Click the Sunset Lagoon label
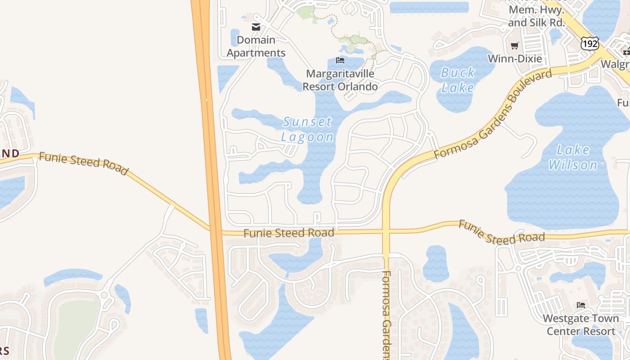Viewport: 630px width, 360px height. pos(308,129)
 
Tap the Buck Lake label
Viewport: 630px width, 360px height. pos(458,80)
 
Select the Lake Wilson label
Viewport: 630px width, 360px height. pos(573,157)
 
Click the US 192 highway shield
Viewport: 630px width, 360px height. pos(589,43)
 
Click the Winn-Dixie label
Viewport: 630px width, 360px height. pos(515,58)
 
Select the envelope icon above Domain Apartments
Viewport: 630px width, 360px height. pos(256,27)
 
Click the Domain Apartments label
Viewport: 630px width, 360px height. pos(256,46)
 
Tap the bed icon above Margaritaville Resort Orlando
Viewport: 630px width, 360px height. pos(340,60)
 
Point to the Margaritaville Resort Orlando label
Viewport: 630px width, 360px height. pos(340,80)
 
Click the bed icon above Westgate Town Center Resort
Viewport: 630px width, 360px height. pos(580,305)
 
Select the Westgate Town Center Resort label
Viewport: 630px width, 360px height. pos(580,325)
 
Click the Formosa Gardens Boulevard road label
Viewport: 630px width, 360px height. pos(493,114)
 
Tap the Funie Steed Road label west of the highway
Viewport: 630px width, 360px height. pos(84,163)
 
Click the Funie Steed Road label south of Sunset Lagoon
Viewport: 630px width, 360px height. pos(289,233)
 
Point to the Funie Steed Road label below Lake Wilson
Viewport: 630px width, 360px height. pos(502,232)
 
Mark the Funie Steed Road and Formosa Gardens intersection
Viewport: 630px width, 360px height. pos(386,232)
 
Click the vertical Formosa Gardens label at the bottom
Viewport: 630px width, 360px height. pos(387,315)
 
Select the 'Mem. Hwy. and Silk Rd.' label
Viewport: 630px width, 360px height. pos(536,16)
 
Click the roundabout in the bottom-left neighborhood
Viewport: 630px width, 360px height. pos(105,295)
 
